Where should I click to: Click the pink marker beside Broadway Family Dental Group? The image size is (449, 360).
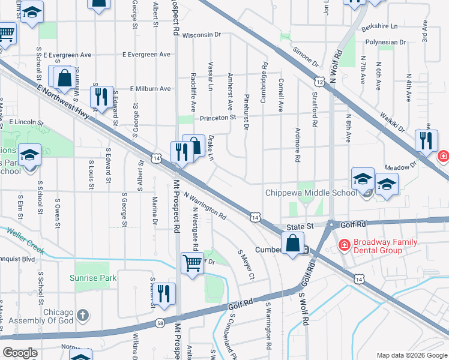pos(345,244)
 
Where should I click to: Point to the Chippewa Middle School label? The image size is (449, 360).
pos(312,193)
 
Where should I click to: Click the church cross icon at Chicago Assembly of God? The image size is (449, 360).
pos(83,314)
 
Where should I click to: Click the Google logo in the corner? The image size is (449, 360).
pos(20,352)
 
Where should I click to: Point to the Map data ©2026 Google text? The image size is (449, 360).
pos(411,355)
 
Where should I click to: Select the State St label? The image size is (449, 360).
pos(296,227)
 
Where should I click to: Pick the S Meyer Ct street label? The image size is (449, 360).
pos(247,264)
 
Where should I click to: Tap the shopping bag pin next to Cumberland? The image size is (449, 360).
pos(292,244)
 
